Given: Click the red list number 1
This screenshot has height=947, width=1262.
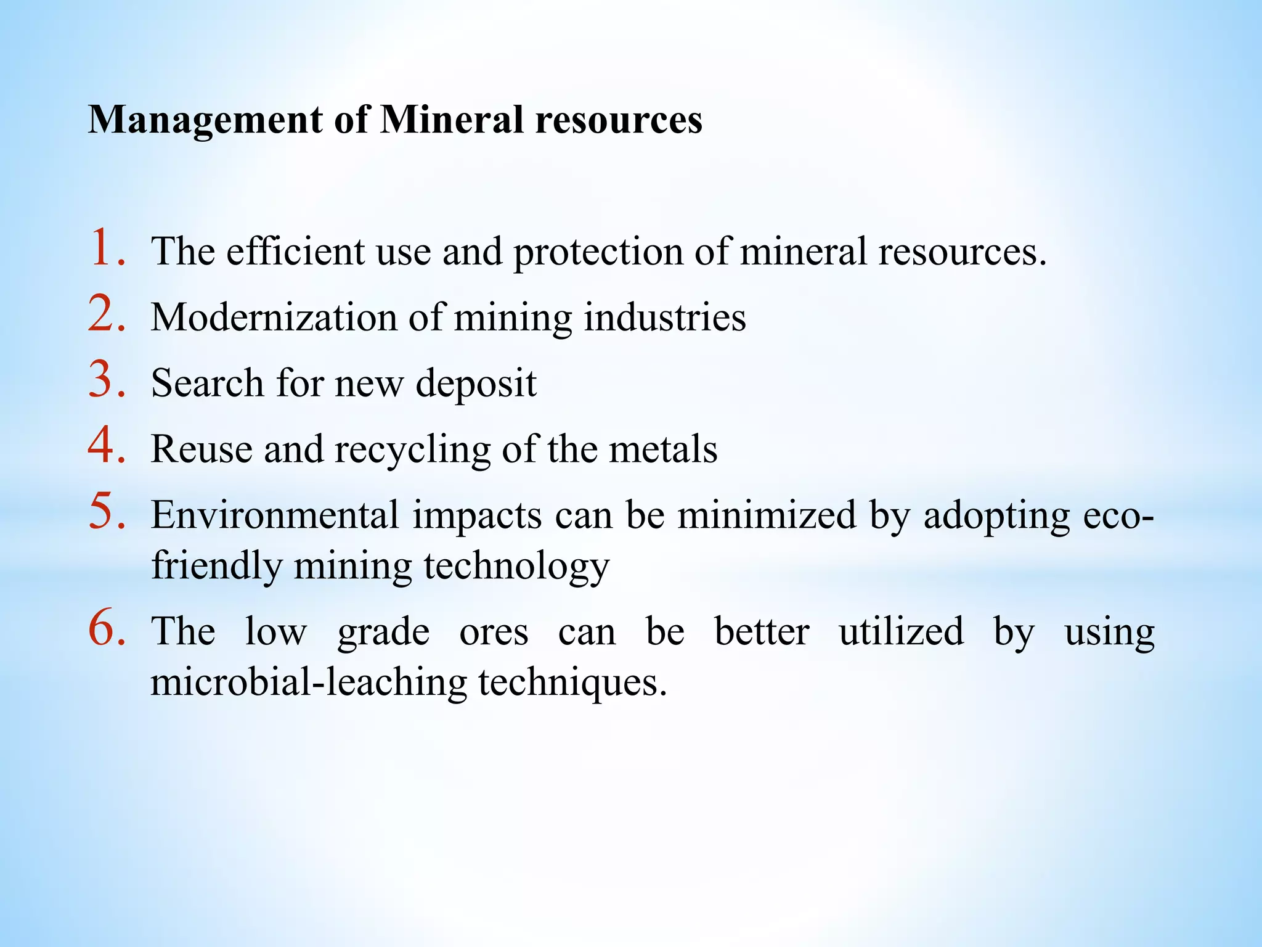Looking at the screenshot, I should click(x=106, y=248).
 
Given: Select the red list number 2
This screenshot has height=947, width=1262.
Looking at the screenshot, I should click(x=106, y=314).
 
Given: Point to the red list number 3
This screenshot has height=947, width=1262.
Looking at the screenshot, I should click(x=106, y=380).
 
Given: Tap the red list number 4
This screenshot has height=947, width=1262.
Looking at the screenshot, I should click(x=106, y=446).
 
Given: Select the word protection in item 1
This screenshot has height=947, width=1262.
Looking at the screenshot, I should click(x=598, y=253).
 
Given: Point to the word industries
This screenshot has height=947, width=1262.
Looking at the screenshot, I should click(x=665, y=318).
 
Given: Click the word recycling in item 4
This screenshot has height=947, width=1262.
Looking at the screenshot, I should click(x=412, y=450).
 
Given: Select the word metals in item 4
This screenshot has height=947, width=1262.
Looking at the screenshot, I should click(x=663, y=449).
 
